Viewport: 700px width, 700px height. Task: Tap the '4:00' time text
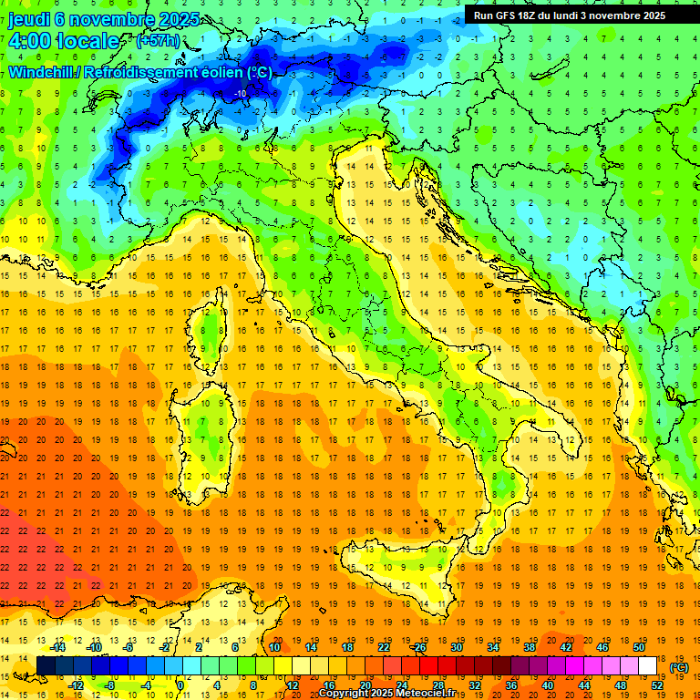click(31, 41)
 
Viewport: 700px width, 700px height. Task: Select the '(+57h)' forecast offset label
click(158, 41)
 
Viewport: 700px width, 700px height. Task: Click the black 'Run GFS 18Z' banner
click(569, 15)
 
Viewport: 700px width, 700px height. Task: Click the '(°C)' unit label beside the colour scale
click(679, 667)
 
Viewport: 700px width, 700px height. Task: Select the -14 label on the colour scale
click(58, 647)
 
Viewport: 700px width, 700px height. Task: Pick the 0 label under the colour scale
click(180, 685)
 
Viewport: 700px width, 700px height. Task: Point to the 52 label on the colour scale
click(657, 685)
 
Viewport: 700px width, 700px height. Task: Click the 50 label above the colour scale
click(639, 647)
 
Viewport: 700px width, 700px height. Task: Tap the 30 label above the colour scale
click(456, 647)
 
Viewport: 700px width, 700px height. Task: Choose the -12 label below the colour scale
click(77, 685)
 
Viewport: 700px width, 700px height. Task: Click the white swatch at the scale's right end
click(647, 666)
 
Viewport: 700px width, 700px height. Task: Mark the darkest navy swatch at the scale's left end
click(46, 666)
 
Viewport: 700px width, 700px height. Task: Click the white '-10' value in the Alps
click(241, 93)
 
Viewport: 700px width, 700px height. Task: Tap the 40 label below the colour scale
click(547, 685)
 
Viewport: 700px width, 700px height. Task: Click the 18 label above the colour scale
click(346, 647)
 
